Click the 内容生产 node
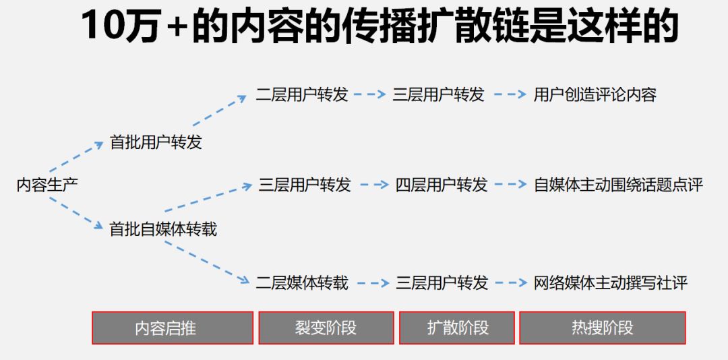pos(47,185)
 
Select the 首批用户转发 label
pos(156,142)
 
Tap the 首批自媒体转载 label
pos(163,229)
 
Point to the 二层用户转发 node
pos(302,94)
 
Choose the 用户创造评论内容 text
pos(595,94)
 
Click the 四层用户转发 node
pos(442,185)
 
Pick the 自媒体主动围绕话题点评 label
pos(618,185)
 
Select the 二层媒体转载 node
pos(302,282)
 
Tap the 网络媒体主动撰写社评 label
pos(611,282)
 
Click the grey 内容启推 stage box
pos(173,328)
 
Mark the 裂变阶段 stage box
pos(326,328)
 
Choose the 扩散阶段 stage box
pos(458,328)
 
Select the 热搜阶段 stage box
pos(602,328)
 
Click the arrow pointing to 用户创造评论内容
pos(510,95)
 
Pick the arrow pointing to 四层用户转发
pos(374,185)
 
